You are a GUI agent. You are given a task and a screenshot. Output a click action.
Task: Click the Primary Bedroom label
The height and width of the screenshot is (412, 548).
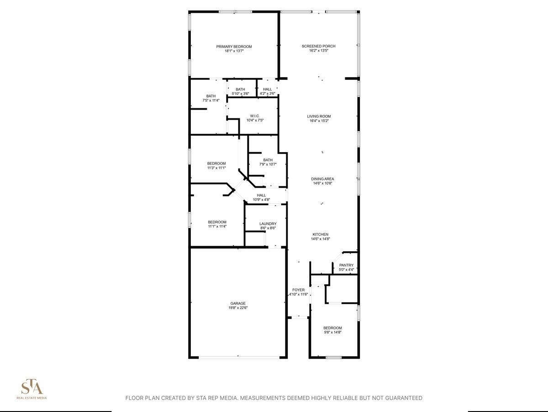tap(234, 47)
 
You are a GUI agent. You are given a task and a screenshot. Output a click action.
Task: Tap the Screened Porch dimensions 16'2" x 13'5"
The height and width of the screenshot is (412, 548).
tap(319, 50)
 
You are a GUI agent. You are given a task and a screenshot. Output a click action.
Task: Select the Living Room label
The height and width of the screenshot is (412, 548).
tap(319, 116)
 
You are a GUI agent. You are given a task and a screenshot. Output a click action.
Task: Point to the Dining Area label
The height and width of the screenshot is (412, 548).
tap(322, 179)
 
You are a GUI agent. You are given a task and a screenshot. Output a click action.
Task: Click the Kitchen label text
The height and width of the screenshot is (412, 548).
tap(321, 234)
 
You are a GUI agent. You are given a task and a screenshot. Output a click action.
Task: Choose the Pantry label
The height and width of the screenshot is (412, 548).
tap(346, 265)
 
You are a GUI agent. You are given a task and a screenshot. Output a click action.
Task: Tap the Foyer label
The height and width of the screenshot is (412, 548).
tap(298, 290)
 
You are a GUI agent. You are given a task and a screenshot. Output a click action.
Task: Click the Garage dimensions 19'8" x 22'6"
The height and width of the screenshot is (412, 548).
tap(238, 308)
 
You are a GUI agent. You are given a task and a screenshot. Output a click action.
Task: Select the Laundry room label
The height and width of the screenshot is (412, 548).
tap(268, 224)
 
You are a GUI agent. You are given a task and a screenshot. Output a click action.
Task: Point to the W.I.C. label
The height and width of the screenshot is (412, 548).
tap(255, 116)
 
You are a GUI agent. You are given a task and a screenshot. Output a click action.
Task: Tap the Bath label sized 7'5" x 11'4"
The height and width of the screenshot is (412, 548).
tap(211, 96)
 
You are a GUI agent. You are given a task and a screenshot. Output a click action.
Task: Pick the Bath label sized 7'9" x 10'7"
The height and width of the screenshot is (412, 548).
tap(268, 160)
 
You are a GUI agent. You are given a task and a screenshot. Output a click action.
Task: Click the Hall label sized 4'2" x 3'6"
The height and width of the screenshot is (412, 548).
tap(268, 90)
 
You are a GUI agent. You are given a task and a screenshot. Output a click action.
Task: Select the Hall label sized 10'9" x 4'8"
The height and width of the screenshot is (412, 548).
tap(261, 195)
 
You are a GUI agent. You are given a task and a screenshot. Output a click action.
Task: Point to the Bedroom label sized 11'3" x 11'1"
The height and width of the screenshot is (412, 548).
tap(216, 164)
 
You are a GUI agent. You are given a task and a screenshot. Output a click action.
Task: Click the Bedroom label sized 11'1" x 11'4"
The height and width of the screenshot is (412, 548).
tap(217, 222)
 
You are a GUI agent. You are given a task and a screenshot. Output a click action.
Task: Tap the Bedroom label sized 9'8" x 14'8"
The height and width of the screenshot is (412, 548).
tap(332, 328)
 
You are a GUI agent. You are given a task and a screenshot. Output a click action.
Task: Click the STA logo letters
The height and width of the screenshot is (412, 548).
tap(32, 387)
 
